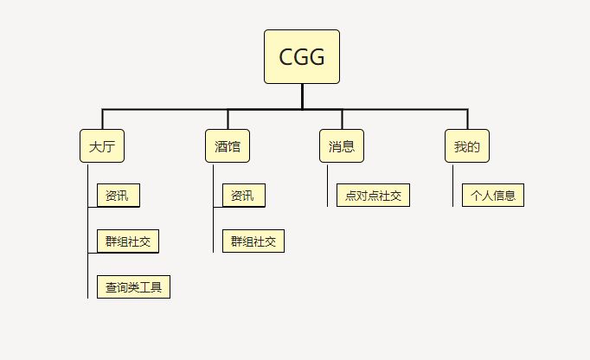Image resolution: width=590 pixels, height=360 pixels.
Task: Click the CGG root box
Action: (301, 56)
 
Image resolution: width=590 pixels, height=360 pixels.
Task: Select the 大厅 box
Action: (101, 146)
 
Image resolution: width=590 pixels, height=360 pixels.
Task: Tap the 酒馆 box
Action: (228, 146)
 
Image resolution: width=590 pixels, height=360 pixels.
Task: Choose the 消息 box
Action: (342, 146)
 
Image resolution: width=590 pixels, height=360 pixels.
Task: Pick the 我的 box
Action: (466, 146)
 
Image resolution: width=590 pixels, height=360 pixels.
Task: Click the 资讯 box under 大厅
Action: (118, 196)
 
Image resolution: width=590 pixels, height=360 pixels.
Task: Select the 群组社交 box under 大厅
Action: (128, 241)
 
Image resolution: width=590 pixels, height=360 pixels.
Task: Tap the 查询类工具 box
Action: (133, 286)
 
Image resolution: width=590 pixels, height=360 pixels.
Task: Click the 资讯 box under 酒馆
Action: (243, 196)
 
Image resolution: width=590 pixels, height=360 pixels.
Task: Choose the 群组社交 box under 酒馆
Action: (253, 241)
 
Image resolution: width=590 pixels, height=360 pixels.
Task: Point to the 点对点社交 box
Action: (373, 196)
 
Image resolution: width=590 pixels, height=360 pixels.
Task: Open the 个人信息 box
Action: (492, 196)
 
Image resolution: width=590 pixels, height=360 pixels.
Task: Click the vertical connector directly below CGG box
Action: (302, 96)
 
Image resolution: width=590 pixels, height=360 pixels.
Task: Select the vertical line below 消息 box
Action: (328, 185)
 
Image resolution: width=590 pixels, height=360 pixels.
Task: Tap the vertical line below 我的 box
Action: (452, 185)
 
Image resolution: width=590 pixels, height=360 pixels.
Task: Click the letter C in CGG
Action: (286, 57)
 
